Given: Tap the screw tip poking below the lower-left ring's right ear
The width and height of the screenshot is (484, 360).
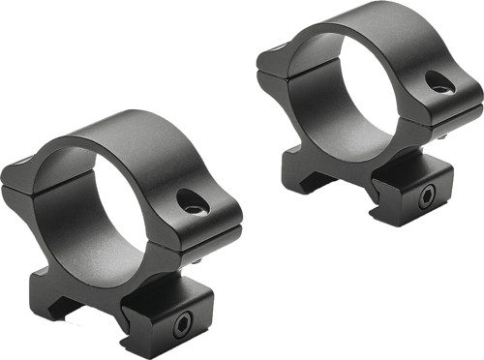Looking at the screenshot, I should point(197,258).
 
